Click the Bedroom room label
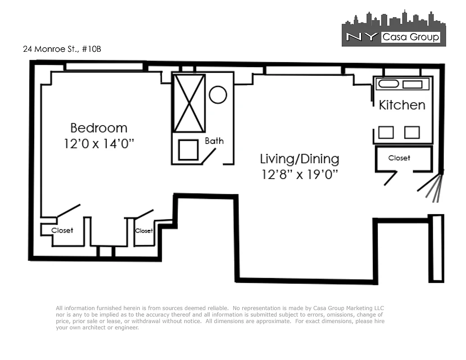(99, 128)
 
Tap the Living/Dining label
(299, 159)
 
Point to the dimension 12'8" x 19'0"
(299, 175)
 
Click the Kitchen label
(402, 105)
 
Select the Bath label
(214, 141)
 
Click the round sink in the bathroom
(218, 95)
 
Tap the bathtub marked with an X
(190, 103)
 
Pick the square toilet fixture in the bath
(188, 150)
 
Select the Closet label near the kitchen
(399, 158)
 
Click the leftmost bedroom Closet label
(62, 230)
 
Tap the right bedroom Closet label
(144, 231)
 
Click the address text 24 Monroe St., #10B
(62, 49)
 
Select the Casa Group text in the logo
(410, 37)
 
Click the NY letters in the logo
(361, 37)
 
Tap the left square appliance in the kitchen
(386, 132)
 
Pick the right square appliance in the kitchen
(412, 132)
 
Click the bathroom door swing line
(208, 155)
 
